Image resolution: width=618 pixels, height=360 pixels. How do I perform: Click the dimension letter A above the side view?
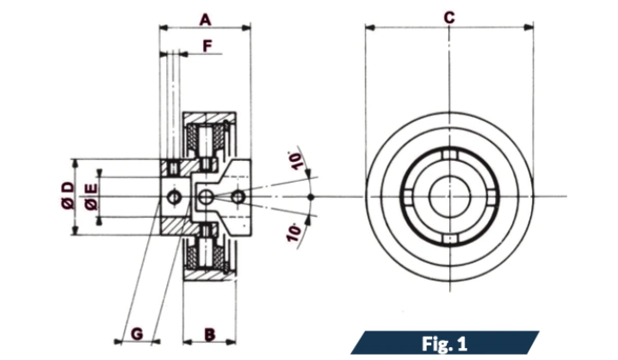(205, 17)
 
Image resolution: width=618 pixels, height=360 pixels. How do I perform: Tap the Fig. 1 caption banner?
(445, 344)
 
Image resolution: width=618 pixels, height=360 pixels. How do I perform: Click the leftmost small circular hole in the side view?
(175, 197)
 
